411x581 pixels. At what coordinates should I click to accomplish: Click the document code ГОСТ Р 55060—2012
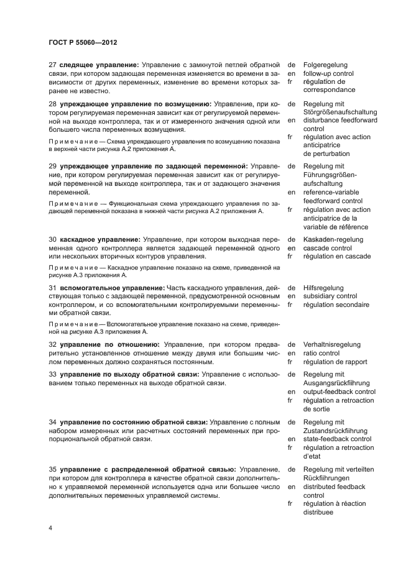tap(83, 42)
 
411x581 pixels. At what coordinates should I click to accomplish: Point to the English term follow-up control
tap(328, 73)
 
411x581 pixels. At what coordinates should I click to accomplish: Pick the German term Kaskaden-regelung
tap(333, 239)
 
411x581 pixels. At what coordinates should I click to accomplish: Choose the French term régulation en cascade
tap(336, 256)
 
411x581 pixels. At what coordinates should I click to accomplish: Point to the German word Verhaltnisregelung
tap(331, 344)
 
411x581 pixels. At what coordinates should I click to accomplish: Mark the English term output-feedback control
tap(339, 391)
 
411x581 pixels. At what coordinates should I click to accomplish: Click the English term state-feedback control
tap(336, 439)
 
